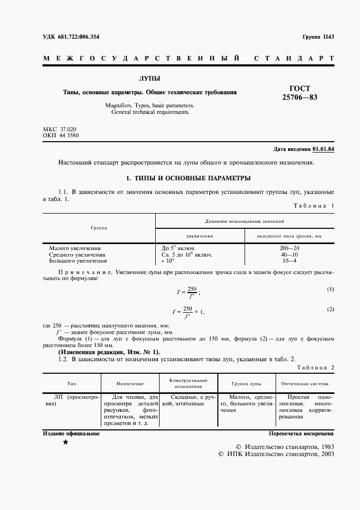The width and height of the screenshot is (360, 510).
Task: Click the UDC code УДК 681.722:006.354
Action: tap(71, 37)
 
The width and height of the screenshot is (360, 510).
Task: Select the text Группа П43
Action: tap(318, 37)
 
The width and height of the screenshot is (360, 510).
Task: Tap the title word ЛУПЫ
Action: tap(149, 78)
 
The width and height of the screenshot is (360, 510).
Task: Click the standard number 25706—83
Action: tap(299, 98)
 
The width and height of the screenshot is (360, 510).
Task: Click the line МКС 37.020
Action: tap(59, 129)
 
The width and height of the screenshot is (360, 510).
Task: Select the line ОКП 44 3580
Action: tap(60, 136)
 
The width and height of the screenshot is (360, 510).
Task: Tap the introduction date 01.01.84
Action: tap(324, 149)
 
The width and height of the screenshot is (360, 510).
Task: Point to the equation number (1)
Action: tap(330, 289)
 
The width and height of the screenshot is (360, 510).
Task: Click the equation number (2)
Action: tap(330, 309)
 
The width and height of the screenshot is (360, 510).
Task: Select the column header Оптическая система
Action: tap(304, 383)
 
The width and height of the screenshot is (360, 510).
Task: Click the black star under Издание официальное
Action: tap(66, 442)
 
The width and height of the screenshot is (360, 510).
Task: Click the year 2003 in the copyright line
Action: tap(325, 453)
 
